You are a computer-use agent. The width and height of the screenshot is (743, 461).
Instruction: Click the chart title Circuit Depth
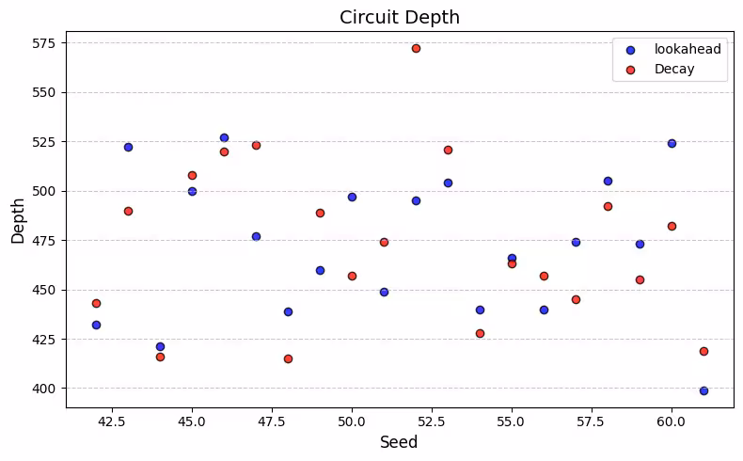[x=400, y=17]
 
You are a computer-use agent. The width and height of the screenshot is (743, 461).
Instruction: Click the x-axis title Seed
[x=400, y=442]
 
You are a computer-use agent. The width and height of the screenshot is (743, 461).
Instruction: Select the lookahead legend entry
[x=687, y=49]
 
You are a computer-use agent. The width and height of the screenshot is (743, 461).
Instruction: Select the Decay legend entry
[x=674, y=69]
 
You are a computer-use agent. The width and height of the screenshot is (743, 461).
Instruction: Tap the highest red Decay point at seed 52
[x=416, y=48]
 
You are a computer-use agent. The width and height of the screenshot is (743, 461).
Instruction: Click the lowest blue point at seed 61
[x=703, y=390]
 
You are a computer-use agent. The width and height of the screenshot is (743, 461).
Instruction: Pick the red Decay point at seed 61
[x=703, y=351]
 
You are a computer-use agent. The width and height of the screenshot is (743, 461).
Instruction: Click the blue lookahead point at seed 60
[x=672, y=143]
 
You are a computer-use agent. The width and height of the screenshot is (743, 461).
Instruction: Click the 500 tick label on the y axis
[x=44, y=191]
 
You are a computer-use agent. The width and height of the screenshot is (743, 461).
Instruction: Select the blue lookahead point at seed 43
[x=128, y=147]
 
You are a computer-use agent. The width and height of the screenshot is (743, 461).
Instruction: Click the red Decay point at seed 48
[x=288, y=358]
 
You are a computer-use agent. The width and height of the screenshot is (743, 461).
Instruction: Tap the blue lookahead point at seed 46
[x=224, y=137]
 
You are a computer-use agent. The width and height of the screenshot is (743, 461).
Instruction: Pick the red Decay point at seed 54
[x=480, y=333]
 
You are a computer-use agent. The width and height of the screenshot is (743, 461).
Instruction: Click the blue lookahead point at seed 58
[x=608, y=181]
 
